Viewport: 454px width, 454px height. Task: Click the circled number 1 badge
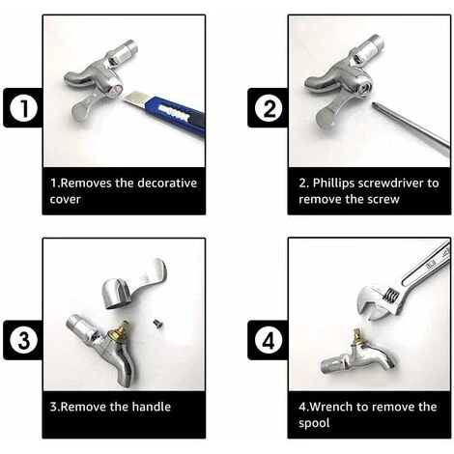23,108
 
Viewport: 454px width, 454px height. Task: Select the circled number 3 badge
23,340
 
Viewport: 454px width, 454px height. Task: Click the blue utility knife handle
176,115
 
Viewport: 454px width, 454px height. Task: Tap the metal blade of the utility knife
134,99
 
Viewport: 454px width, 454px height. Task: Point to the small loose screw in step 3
157,324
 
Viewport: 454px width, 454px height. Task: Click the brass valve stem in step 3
119,332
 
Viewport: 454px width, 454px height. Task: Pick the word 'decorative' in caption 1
167,183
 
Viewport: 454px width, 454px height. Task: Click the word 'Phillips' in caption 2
333,184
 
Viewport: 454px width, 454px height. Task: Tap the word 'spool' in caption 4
314,423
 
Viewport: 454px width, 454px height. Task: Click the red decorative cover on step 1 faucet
116,91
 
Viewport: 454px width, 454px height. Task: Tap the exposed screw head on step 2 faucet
366,86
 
